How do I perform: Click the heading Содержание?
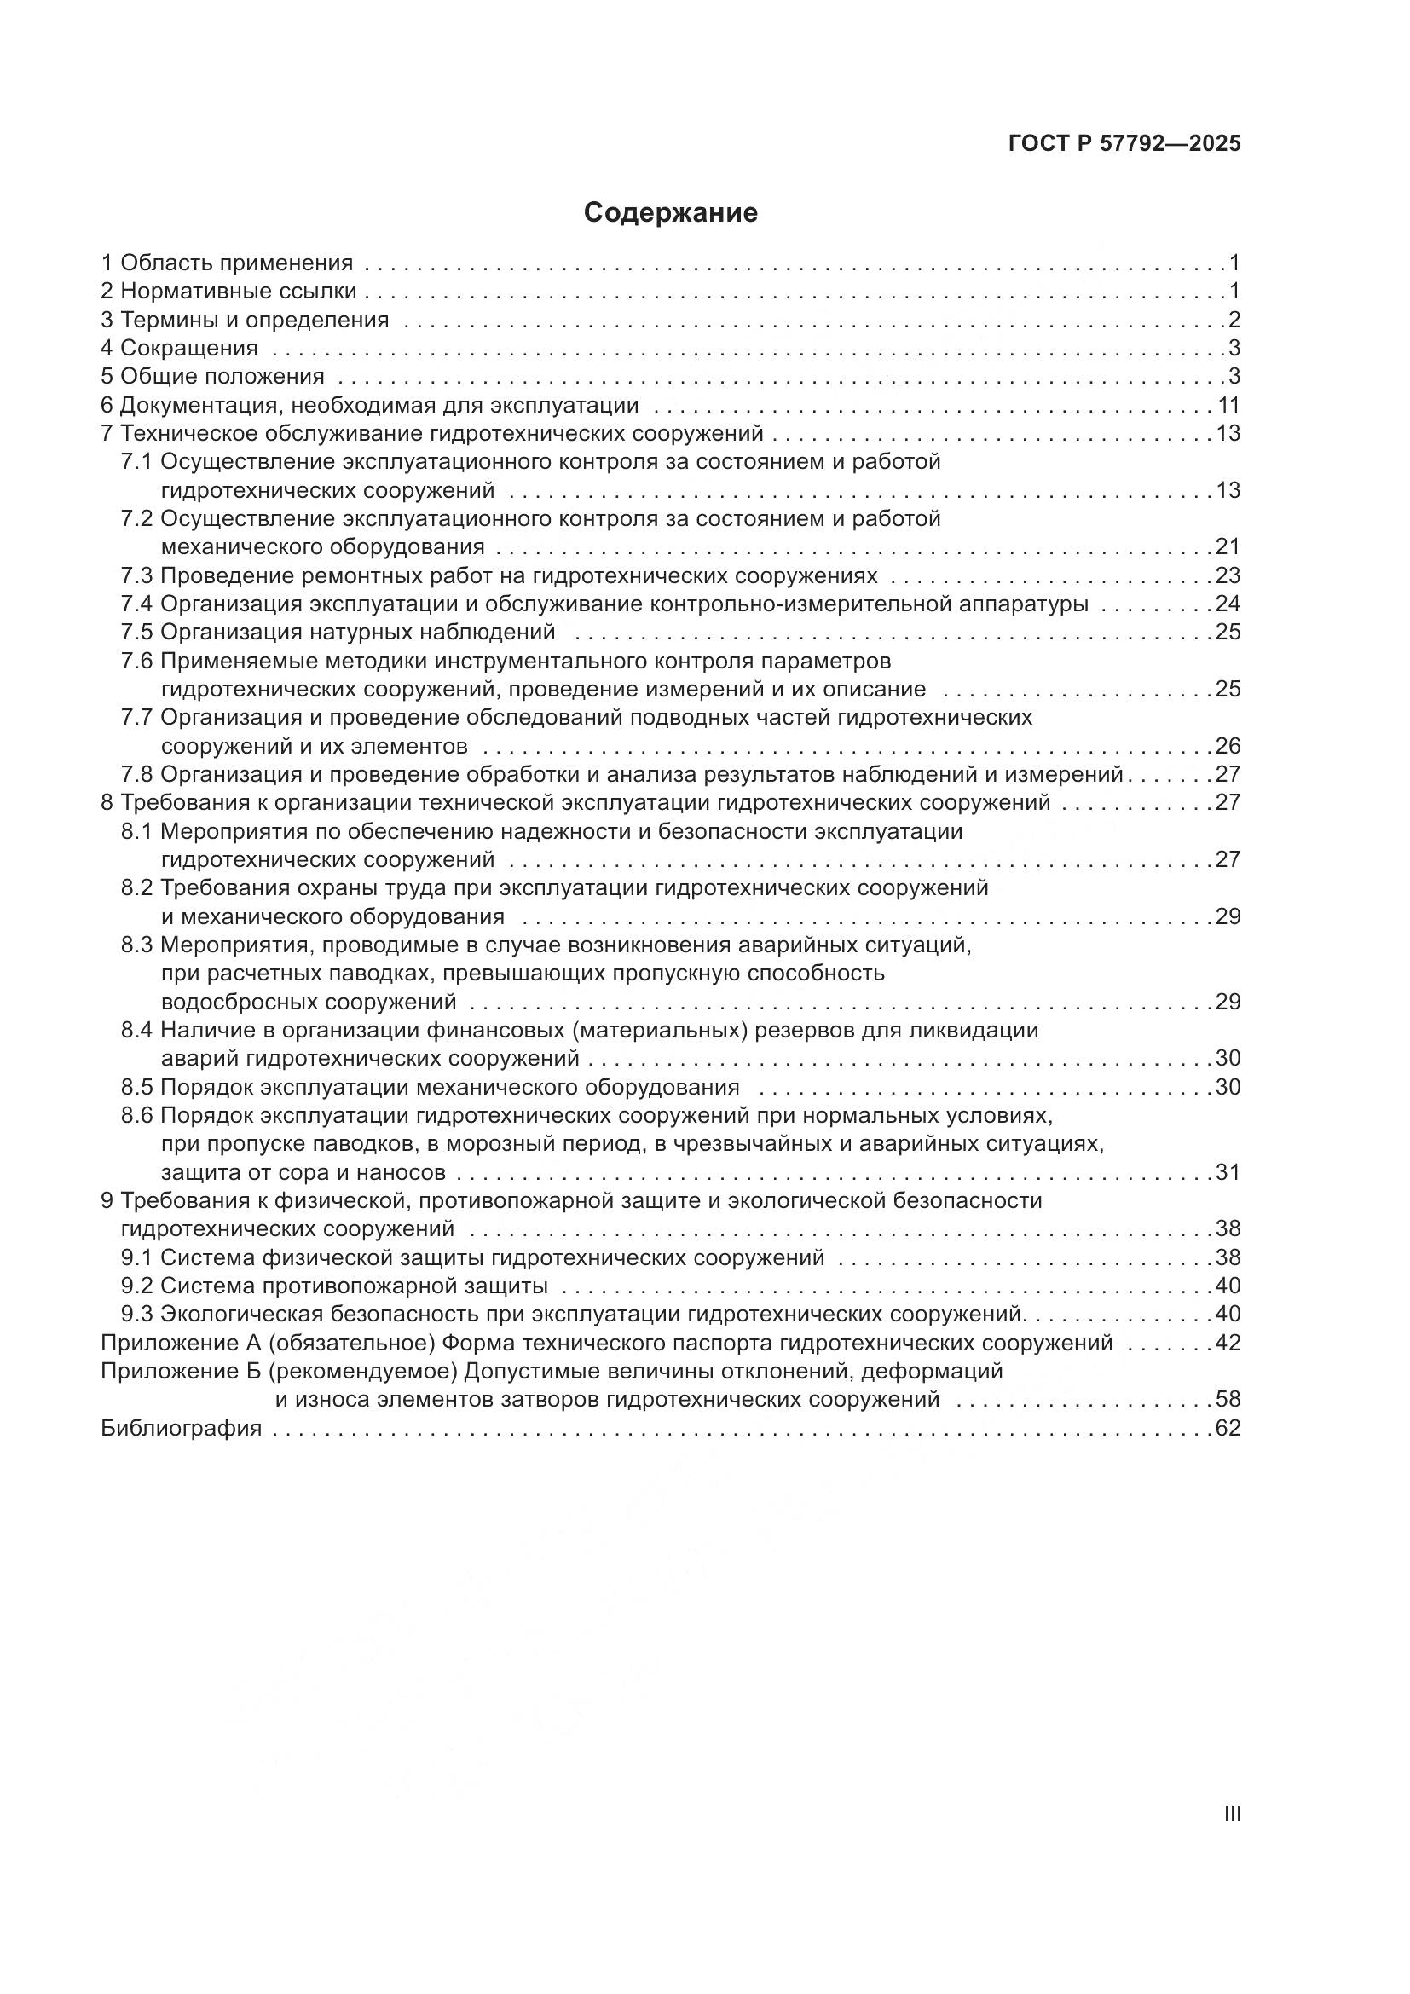click(x=670, y=213)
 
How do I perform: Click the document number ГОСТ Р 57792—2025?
click(x=1124, y=144)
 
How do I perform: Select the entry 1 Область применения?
click(x=227, y=263)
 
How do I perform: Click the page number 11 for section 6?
click(x=1228, y=405)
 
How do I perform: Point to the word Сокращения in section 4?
click(x=188, y=349)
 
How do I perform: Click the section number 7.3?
click(x=136, y=575)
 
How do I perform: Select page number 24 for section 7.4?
click(x=1228, y=604)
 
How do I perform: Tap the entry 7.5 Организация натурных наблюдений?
click(x=338, y=632)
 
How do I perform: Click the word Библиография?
click(x=182, y=1428)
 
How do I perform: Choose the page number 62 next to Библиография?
click(x=1228, y=1428)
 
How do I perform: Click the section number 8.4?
click(x=136, y=1030)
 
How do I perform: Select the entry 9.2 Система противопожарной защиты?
click(x=334, y=1286)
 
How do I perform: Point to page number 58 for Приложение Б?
click(x=1228, y=1399)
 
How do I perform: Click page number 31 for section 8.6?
click(x=1228, y=1172)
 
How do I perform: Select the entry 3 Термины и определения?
click(x=245, y=320)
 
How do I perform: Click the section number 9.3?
click(x=136, y=1313)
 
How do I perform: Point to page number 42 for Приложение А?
click(x=1228, y=1343)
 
